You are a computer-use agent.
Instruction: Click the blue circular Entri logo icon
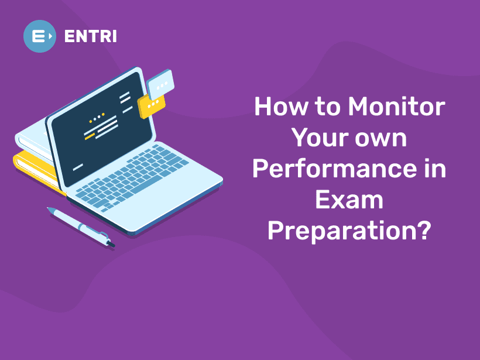coord(40,36)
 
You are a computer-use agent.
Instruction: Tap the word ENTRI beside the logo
coord(91,36)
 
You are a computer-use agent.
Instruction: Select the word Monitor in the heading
coord(396,107)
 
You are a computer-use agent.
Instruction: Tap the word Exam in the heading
coord(349,200)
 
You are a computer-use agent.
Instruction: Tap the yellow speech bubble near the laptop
coord(150,106)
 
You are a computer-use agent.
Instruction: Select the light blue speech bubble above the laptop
coord(160,84)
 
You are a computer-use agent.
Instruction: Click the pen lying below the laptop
coord(81,227)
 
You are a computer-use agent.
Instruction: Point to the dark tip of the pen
coord(112,244)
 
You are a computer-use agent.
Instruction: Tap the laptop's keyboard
coord(132,177)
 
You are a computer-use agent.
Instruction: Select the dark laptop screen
coord(102,128)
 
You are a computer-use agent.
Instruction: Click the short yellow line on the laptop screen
coord(90,136)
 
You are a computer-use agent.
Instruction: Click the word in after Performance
coord(436,169)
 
